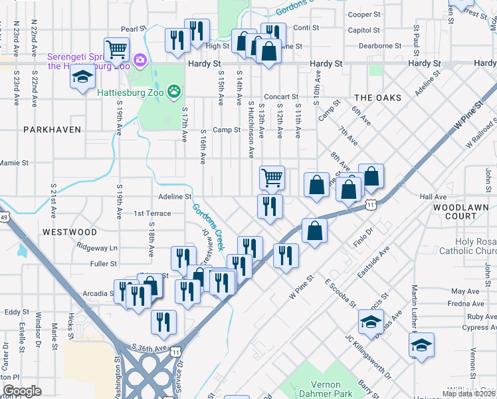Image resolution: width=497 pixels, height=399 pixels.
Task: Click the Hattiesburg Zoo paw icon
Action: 173,91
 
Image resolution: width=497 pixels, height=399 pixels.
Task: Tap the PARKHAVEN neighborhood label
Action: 52,130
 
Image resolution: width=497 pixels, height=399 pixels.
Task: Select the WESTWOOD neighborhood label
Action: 69,232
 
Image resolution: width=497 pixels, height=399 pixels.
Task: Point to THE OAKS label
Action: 377,98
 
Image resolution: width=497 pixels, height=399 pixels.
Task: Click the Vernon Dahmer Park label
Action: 325,390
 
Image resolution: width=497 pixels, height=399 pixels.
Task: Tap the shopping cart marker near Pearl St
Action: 117,49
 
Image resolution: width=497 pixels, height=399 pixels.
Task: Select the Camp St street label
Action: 227,130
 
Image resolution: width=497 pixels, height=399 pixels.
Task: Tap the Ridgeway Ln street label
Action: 97,247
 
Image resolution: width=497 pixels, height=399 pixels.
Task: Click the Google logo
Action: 22,391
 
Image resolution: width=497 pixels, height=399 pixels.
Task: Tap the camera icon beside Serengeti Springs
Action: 140,61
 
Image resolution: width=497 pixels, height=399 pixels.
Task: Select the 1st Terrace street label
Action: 153,213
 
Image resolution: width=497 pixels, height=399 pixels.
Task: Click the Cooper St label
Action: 364,14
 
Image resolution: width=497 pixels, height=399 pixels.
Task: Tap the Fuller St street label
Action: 104,264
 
